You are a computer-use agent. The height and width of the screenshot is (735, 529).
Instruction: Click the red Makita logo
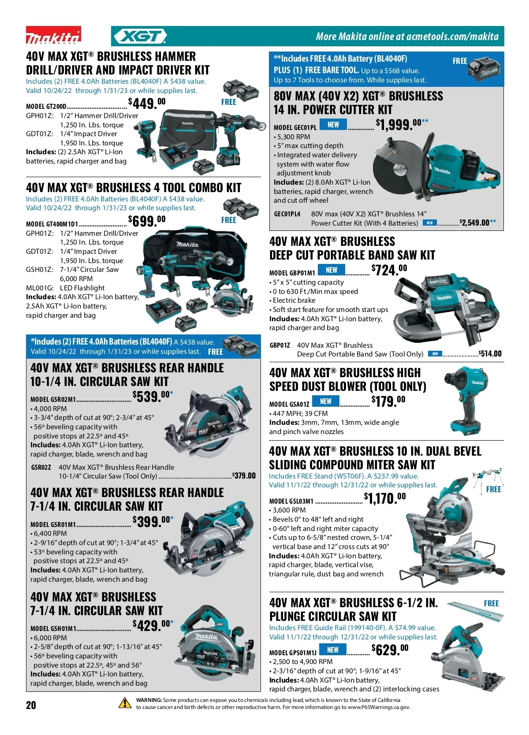coord(53,35)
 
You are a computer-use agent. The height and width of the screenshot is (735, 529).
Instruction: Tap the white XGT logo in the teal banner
coord(140,36)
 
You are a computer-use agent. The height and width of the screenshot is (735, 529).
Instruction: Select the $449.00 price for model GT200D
coord(147,104)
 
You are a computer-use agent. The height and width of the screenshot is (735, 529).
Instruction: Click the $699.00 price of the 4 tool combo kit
coord(147,220)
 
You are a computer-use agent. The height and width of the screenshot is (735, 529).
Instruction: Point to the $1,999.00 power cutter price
coord(402,124)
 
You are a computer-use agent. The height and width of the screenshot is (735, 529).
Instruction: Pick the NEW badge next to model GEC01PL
coord(333,125)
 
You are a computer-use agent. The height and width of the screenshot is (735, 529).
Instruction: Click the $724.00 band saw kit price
coord(389,270)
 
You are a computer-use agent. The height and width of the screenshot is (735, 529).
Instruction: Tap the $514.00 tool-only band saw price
coord(490,353)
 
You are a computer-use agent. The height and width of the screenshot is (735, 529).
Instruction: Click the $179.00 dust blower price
coord(388,401)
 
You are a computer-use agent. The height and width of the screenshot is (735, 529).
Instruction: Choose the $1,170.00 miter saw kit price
coord(384,498)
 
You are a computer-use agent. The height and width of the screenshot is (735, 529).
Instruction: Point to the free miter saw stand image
coord(488,477)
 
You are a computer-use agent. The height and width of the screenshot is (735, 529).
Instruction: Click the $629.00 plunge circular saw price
coord(390,649)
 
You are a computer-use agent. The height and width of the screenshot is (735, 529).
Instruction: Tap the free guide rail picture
coord(475,612)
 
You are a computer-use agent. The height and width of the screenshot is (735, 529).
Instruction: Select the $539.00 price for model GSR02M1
coord(153,396)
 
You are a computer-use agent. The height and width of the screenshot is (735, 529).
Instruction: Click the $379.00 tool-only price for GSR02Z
coord(243,475)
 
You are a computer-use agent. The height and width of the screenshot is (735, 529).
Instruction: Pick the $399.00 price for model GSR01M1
coord(153,521)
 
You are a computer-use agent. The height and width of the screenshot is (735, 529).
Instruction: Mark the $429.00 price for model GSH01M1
coord(153,625)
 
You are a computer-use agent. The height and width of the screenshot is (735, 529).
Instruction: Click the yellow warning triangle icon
coord(125,703)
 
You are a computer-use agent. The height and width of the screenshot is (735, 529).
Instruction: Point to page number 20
coord(31,705)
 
